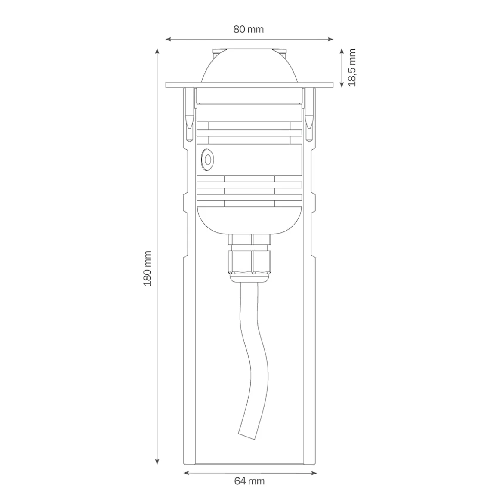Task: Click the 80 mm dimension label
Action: click(x=249, y=29)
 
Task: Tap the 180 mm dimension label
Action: click(x=147, y=268)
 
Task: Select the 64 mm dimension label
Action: click(x=249, y=481)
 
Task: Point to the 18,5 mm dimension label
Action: click(x=351, y=68)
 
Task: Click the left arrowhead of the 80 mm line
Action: click(x=169, y=40)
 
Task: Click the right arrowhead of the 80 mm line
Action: click(x=330, y=40)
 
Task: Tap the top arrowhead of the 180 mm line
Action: click(x=157, y=52)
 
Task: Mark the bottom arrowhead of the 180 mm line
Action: click(x=157, y=462)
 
